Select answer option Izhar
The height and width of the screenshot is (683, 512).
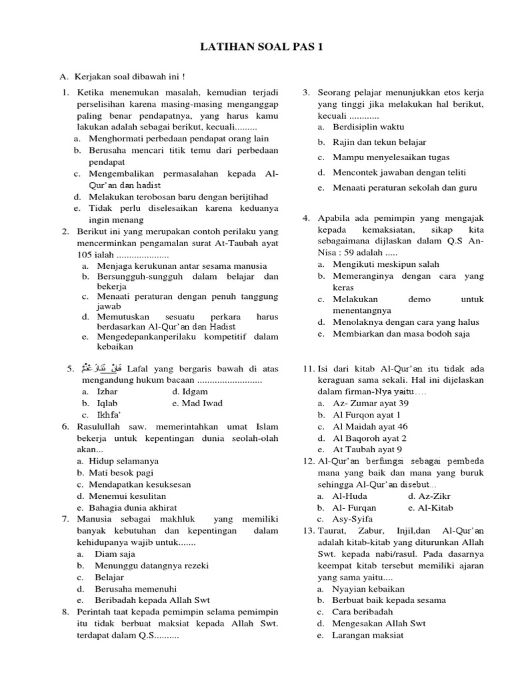pyautogui.click(x=107, y=392)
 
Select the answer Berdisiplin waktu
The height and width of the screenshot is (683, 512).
pyautogui.click(x=369, y=126)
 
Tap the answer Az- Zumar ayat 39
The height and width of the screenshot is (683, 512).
pyautogui.click(x=371, y=404)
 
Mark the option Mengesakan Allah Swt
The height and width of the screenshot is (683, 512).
pyautogui.click(x=379, y=623)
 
